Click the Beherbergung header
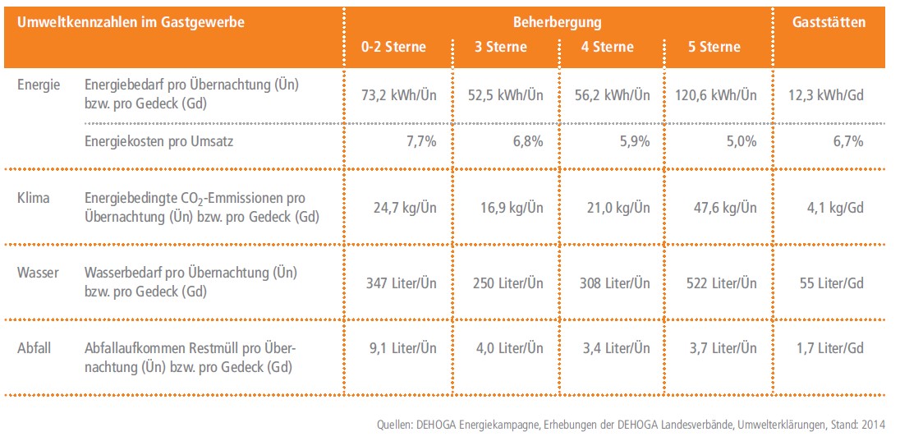click(x=558, y=22)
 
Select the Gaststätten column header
click(x=829, y=22)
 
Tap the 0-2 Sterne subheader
click(x=394, y=47)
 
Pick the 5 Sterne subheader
click(x=714, y=47)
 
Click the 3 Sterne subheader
click(x=501, y=47)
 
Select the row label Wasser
click(x=38, y=272)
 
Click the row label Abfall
click(x=34, y=348)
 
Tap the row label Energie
click(x=39, y=85)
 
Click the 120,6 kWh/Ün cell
click(x=715, y=95)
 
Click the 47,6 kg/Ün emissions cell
click(x=723, y=208)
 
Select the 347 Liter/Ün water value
click(x=402, y=283)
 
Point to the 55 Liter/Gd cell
click(x=832, y=283)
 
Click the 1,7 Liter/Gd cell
click(x=829, y=348)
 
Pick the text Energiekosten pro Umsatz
click(x=158, y=141)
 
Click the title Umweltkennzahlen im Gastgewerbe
click(x=131, y=22)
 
